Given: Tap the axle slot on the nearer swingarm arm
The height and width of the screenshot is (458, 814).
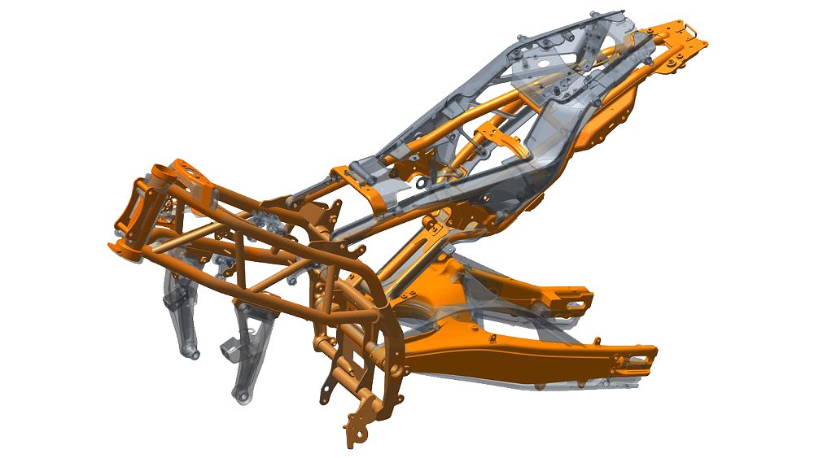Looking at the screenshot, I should click(639, 354).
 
